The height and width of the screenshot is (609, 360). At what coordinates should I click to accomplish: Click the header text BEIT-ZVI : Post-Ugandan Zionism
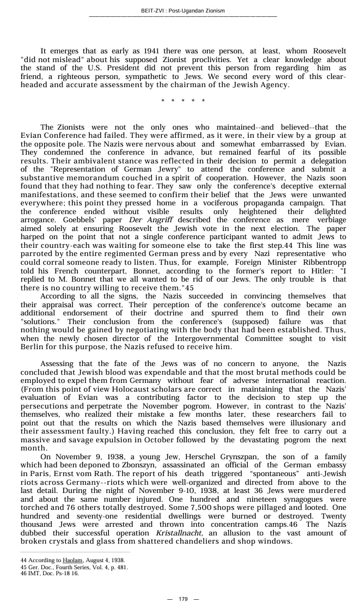point(182,11)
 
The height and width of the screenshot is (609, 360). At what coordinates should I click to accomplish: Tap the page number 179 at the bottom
point(183,599)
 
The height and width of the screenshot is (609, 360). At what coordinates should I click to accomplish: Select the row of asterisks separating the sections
point(183,101)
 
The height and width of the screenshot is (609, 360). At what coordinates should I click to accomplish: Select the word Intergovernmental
point(199,339)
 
